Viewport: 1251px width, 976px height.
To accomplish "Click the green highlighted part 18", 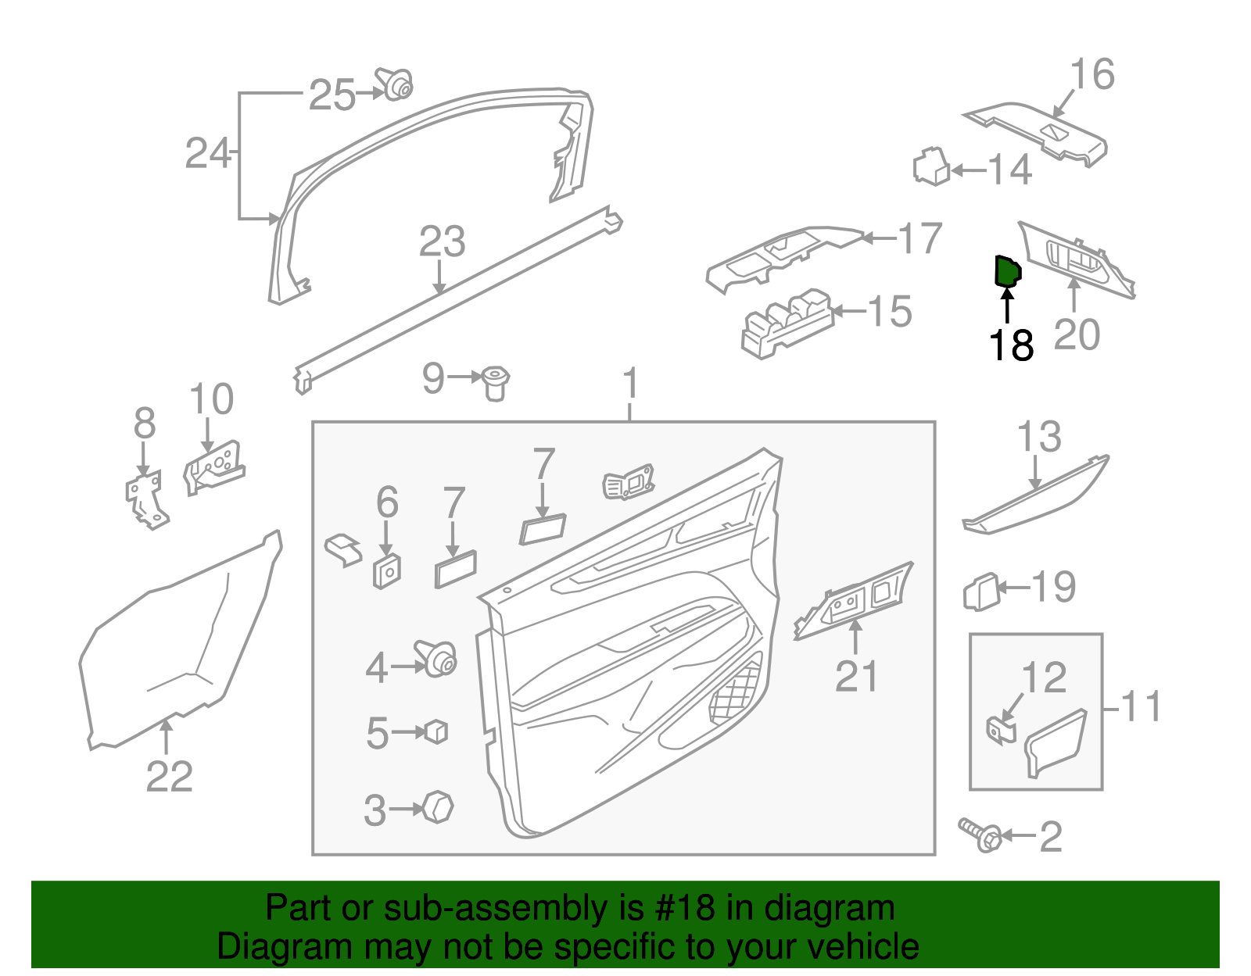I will [x=1006, y=271].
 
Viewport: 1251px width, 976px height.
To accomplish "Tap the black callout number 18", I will [x=1011, y=345].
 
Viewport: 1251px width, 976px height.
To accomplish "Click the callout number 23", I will [x=442, y=241].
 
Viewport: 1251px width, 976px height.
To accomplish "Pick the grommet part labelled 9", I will [x=494, y=382].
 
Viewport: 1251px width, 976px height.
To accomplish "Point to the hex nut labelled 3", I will [x=438, y=807].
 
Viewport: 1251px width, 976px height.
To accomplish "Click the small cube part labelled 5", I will [x=436, y=731].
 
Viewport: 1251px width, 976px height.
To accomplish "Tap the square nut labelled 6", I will [x=387, y=571].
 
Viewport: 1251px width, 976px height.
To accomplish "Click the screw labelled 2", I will [x=980, y=835].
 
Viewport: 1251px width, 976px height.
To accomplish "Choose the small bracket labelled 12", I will [x=1000, y=731].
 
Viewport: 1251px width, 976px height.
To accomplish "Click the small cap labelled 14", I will [x=931, y=166].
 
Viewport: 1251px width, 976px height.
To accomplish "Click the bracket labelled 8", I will [x=145, y=499].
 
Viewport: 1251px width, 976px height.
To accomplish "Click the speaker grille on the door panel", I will [x=737, y=693].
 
